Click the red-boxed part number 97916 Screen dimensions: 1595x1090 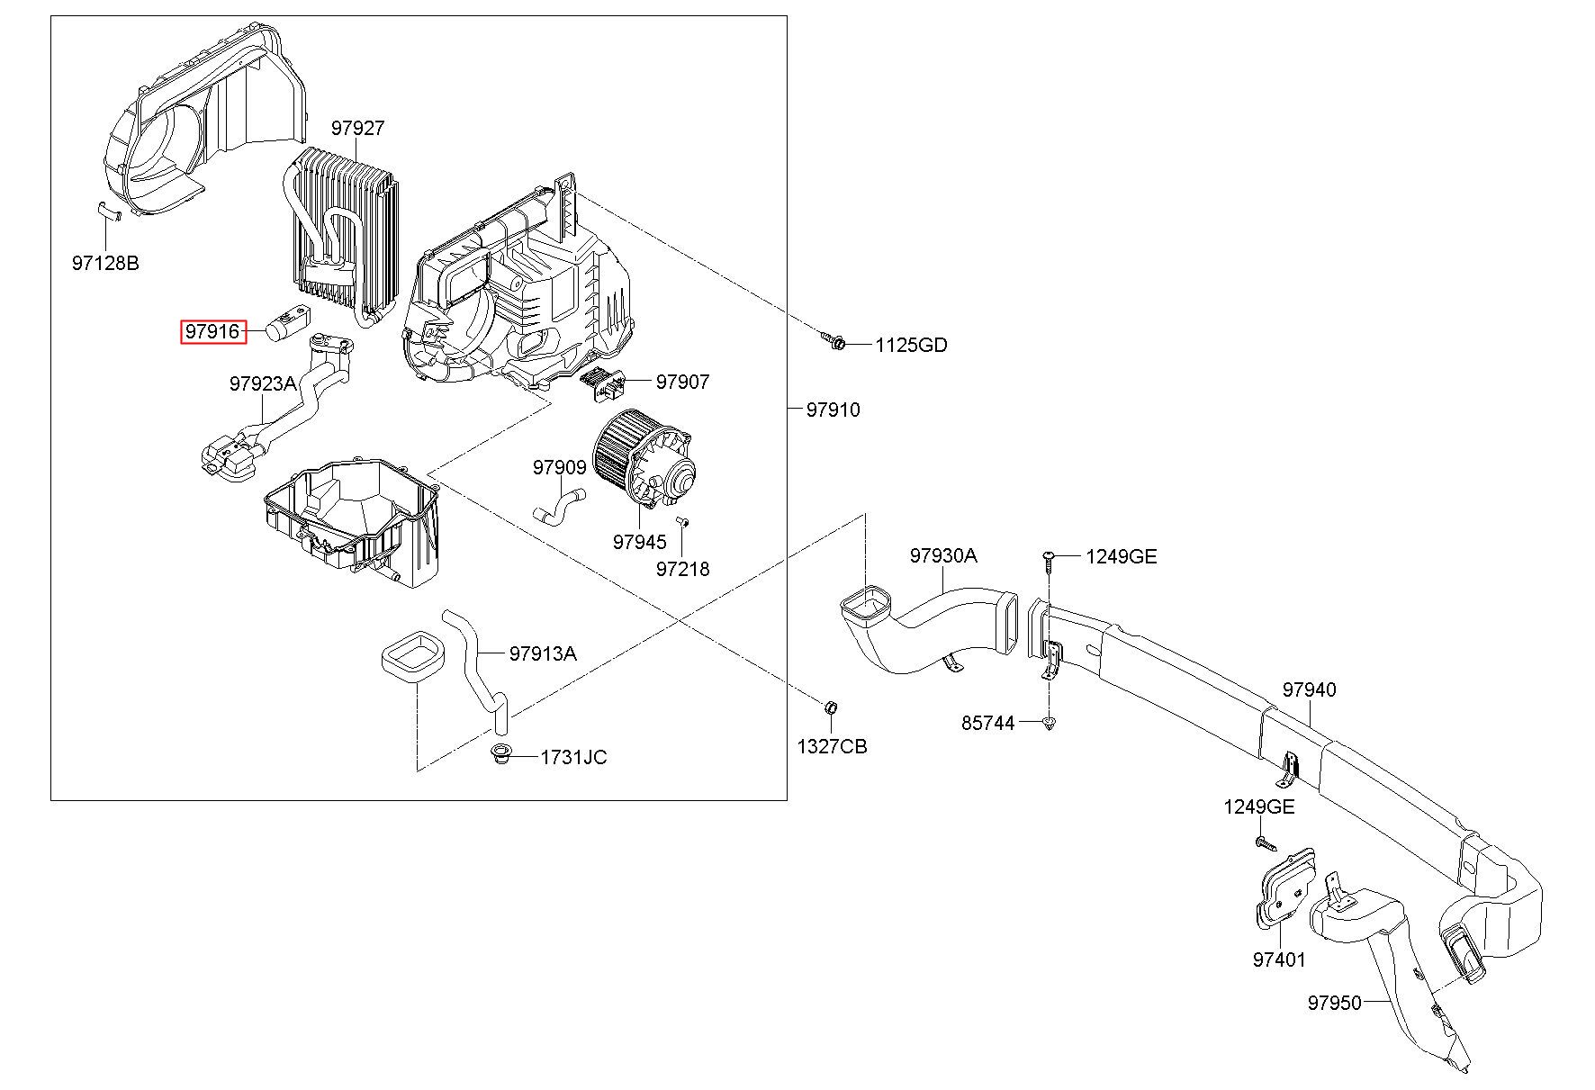[x=213, y=332]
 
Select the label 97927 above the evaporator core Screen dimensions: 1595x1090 [x=357, y=129]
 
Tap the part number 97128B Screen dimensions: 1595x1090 [x=105, y=264]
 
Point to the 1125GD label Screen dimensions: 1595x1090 [x=911, y=346]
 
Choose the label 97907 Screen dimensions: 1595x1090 [x=682, y=382]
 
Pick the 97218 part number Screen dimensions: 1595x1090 [x=682, y=569]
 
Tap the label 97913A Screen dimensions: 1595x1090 [x=543, y=653]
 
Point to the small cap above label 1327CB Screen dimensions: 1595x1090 [x=832, y=704]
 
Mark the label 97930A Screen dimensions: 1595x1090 [x=942, y=555]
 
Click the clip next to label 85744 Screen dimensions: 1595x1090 [x=1049, y=722]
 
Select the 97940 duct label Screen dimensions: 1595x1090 [x=1310, y=690]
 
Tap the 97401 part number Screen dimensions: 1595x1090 [x=1279, y=960]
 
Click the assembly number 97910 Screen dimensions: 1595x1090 [x=833, y=410]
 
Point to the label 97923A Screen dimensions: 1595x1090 [x=263, y=383]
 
